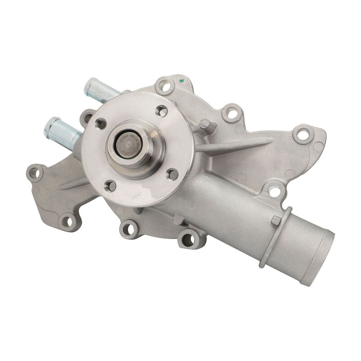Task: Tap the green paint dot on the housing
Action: [x=182, y=82]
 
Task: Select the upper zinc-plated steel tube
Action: [x=101, y=90]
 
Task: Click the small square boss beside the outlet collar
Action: [x=276, y=220]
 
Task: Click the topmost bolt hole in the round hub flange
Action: [x=162, y=110]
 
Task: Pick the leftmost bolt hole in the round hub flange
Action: [x=101, y=123]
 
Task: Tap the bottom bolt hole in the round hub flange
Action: [x=110, y=185]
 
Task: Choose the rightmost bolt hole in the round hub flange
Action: [x=173, y=174]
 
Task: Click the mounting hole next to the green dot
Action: [x=165, y=85]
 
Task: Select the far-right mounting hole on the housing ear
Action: [x=303, y=134]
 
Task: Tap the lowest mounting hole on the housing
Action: [x=188, y=239]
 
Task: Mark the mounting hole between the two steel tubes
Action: [x=87, y=118]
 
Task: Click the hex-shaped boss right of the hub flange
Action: [x=205, y=124]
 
